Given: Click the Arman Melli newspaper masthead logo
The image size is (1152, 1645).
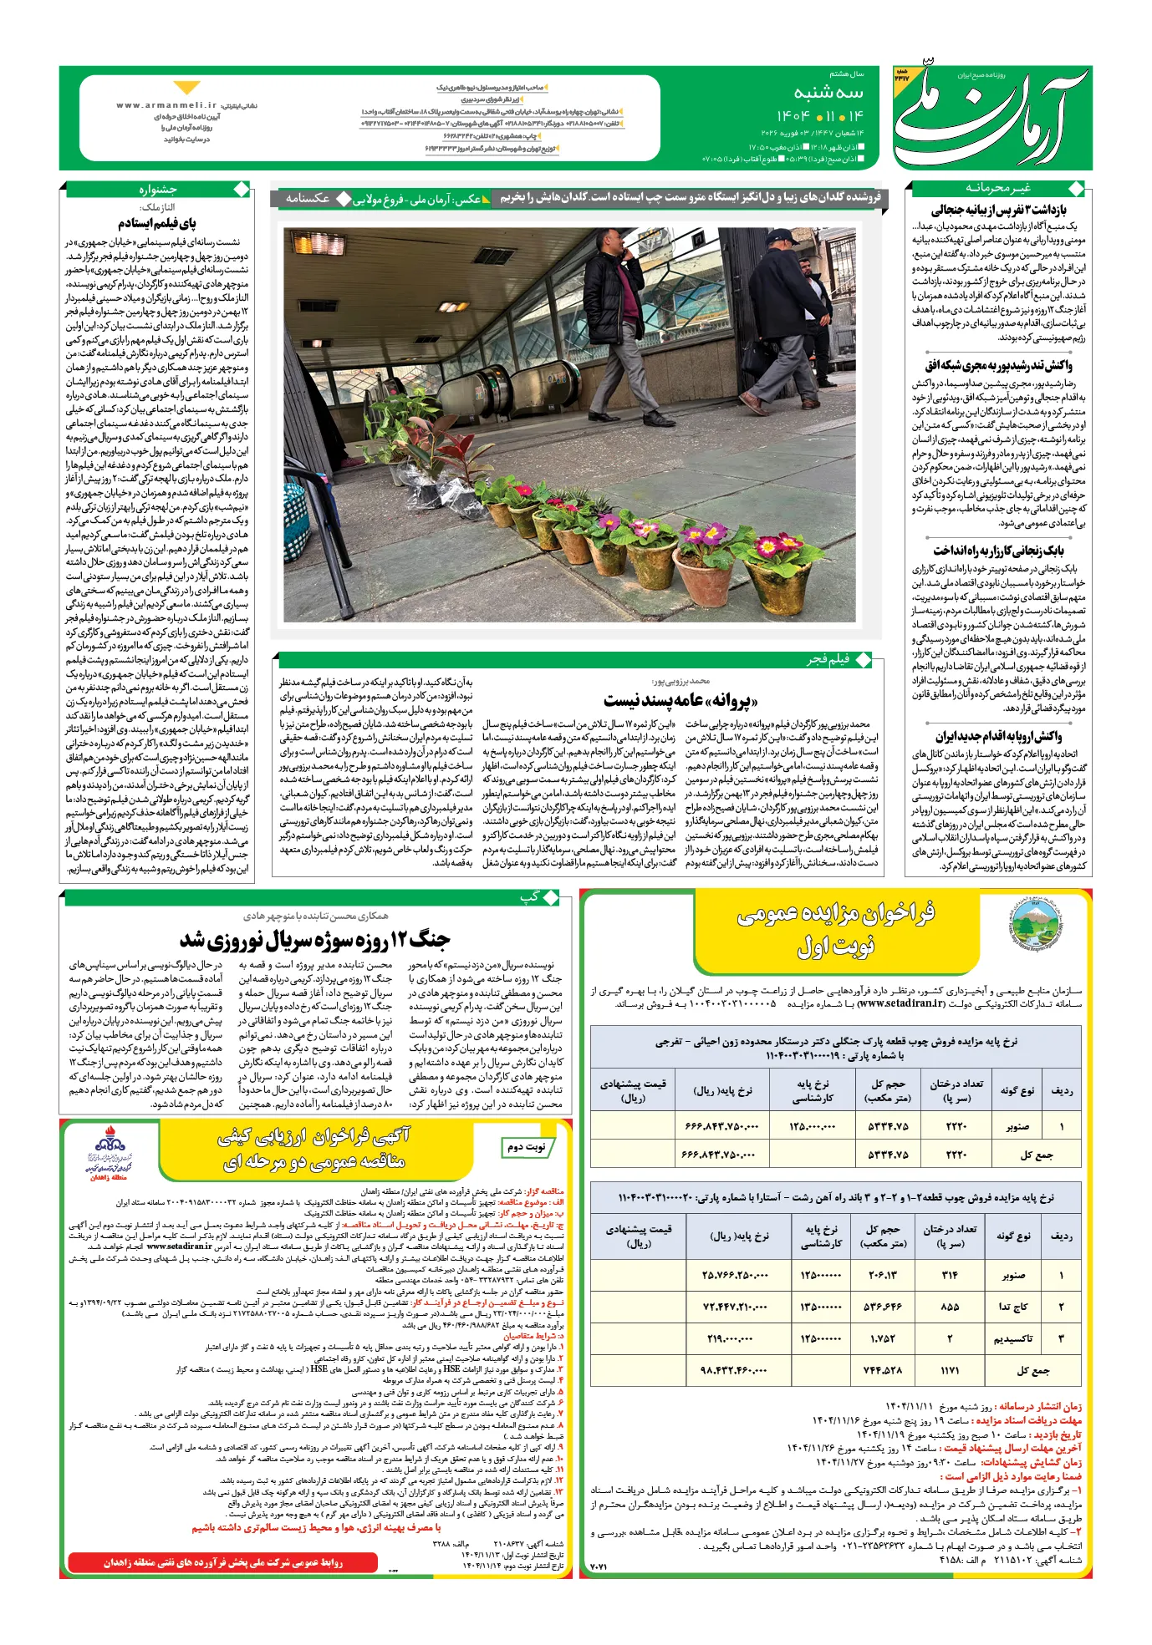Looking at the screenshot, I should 991,117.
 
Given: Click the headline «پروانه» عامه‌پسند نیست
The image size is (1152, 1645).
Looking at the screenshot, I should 680,700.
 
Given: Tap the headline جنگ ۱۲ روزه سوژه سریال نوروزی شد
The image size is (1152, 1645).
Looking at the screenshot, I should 315,940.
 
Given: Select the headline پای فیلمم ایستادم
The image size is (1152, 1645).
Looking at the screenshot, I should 157,223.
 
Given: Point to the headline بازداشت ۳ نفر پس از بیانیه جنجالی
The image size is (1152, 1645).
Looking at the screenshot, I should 998,210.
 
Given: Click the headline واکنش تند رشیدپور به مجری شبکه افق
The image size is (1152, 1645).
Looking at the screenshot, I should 998,365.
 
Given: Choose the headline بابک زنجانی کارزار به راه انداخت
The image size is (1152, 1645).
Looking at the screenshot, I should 998,550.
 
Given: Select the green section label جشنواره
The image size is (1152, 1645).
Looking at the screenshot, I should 158,190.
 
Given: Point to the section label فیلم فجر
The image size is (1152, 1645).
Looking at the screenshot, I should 828,660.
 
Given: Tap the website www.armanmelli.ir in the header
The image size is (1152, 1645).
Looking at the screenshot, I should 166,106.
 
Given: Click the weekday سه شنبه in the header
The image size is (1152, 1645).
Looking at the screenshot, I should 828,92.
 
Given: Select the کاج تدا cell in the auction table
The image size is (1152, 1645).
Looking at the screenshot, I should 1012,1306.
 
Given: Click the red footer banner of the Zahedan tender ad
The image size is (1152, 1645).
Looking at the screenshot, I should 222,1561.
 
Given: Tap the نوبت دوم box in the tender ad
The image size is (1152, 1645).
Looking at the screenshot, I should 526,1147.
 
